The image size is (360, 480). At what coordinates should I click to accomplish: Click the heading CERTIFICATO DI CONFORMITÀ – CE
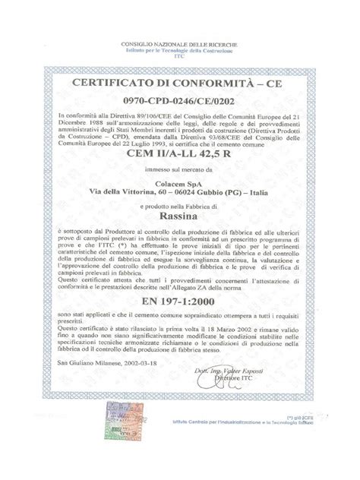(x=179, y=82)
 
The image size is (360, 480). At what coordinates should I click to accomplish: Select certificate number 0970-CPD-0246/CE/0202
(x=179, y=99)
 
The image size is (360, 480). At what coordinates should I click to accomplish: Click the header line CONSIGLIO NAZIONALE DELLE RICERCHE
(x=179, y=45)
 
